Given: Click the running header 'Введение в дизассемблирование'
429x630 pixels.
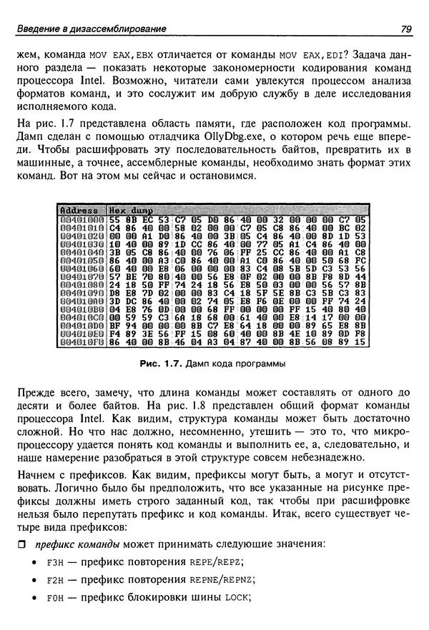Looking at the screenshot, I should [92, 29].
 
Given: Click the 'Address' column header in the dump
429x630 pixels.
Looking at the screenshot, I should [80, 210].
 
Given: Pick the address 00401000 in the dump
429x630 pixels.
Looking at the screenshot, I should [80, 219].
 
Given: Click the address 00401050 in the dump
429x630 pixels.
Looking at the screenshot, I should [80, 263].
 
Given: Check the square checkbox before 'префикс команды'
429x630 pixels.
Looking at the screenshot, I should [21, 544].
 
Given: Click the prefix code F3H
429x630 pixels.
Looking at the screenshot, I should [55, 562].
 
